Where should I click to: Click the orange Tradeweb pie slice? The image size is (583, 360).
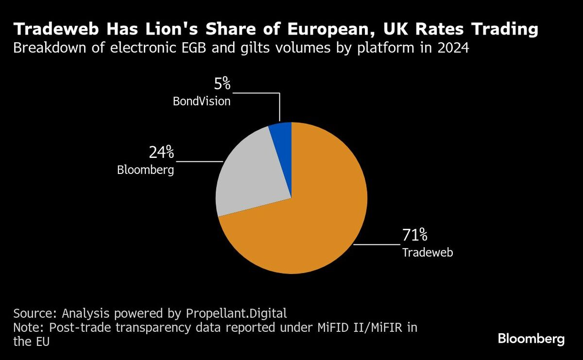coord(311,219)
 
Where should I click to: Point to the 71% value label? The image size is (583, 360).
coord(414,236)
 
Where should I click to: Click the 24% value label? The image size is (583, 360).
coord(161,153)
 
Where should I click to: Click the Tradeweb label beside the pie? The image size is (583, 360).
coord(428,253)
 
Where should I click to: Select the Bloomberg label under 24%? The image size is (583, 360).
coord(145,170)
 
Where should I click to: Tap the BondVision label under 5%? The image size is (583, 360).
coord(202,102)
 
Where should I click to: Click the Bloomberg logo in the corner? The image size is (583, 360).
coord(532,339)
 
